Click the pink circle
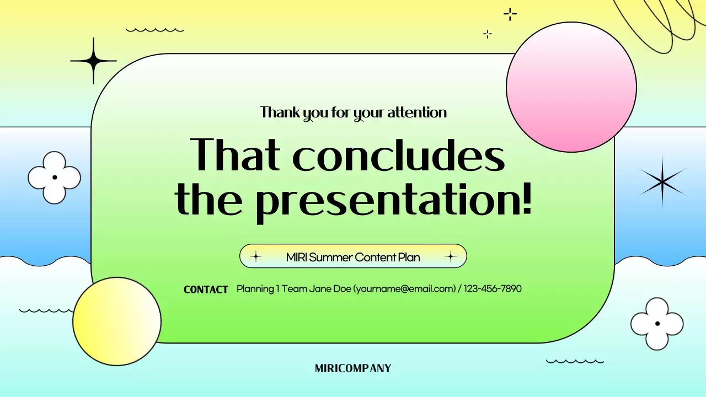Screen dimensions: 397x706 571,87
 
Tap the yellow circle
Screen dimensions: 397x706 116,321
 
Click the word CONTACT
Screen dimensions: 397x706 206,289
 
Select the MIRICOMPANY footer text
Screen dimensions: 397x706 353,368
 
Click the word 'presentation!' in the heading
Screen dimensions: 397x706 393,201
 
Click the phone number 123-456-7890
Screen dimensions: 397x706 493,288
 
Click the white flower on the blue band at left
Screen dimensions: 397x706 54,178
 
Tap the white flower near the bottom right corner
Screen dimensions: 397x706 657,324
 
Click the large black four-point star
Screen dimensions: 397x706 93,61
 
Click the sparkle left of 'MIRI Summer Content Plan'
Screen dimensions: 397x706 255,256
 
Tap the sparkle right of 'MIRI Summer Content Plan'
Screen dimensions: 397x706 451,256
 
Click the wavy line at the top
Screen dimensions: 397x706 154,30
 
